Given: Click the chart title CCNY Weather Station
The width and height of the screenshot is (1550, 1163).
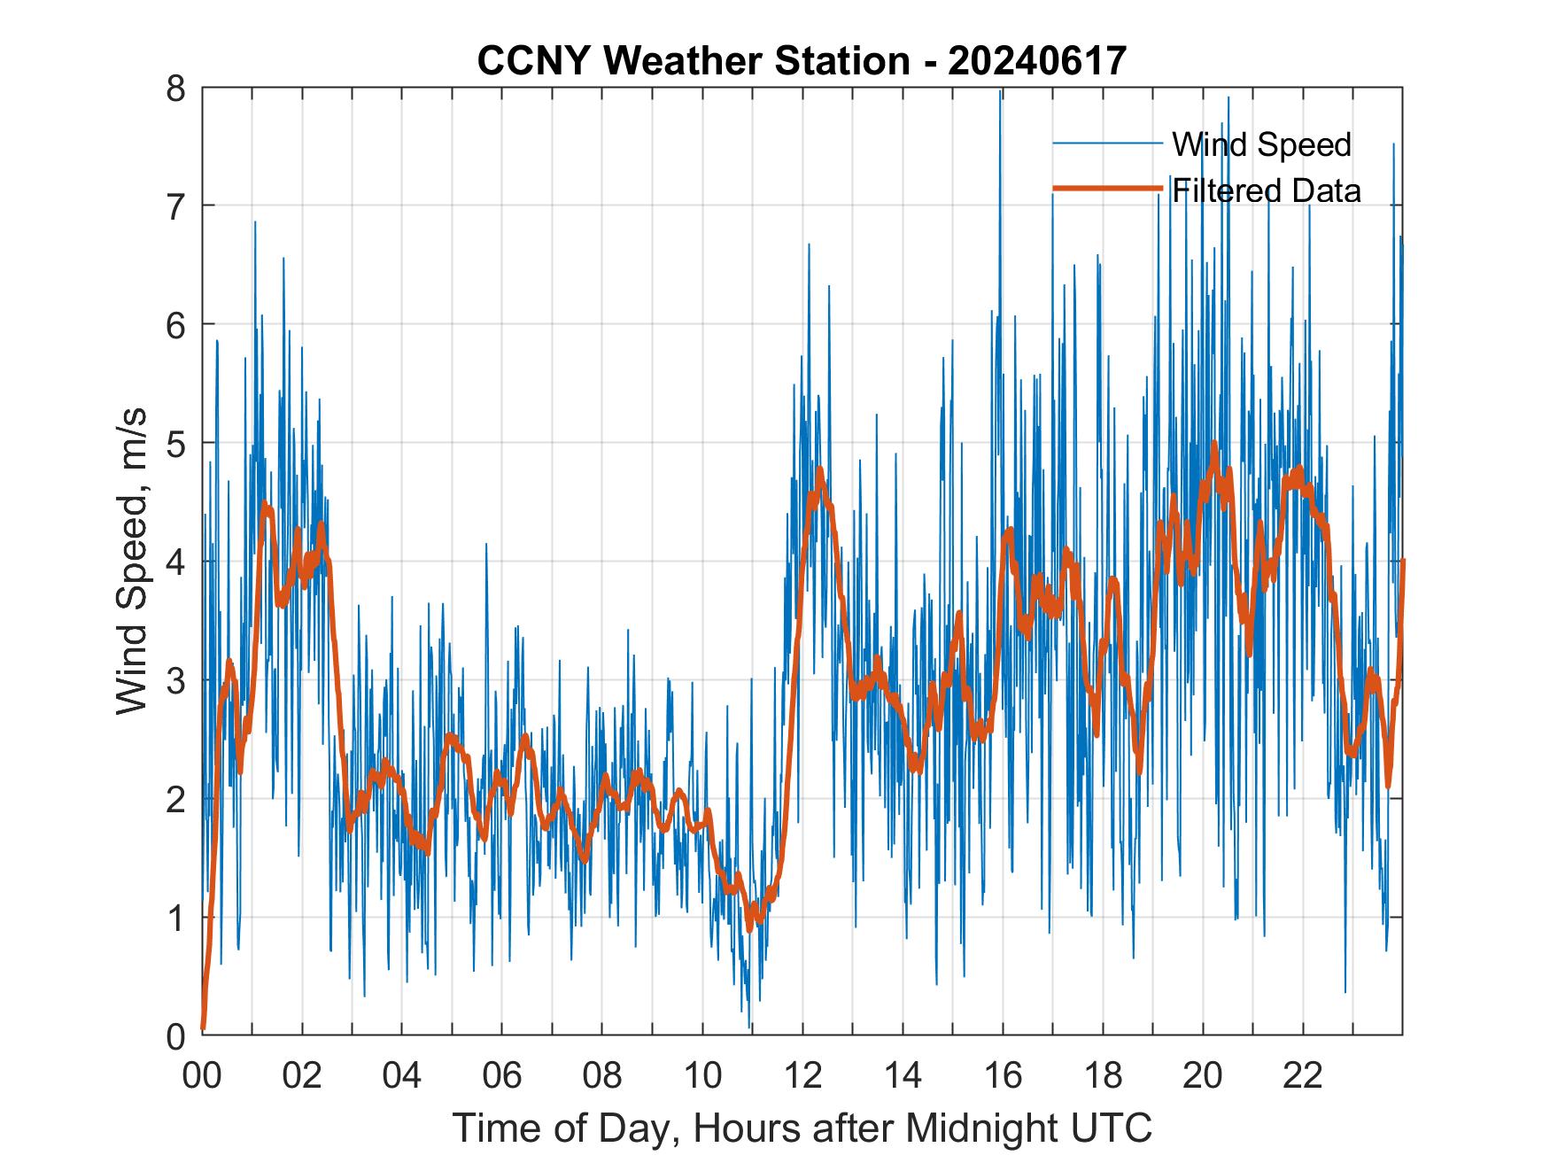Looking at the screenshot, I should (x=693, y=61).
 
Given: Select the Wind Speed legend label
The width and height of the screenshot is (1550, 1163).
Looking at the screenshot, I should (x=1261, y=144).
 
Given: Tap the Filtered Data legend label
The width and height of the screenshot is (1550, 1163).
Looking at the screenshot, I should (x=1266, y=190).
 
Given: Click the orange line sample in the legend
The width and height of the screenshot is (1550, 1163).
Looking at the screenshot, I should (x=1107, y=189).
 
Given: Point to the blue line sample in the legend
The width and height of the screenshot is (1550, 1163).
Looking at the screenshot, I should (x=1107, y=143).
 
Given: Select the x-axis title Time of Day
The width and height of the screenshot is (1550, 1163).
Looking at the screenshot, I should (x=802, y=1128).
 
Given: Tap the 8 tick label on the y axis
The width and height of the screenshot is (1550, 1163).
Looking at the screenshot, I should (x=177, y=88).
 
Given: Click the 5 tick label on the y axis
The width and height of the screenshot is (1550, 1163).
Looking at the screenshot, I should (x=177, y=444).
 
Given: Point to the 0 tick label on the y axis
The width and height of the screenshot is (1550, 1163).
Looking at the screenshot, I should (x=177, y=1035).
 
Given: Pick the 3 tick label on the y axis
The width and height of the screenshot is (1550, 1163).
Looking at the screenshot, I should (x=177, y=680).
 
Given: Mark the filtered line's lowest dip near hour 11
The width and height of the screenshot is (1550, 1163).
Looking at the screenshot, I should (x=750, y=927).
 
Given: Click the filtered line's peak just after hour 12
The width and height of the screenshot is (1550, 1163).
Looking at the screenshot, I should (x=820, y=470).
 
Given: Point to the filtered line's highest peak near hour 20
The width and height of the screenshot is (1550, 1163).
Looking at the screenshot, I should (x=1213, y=444).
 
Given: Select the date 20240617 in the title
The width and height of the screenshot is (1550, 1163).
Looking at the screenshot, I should (x=1036, y=61).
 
